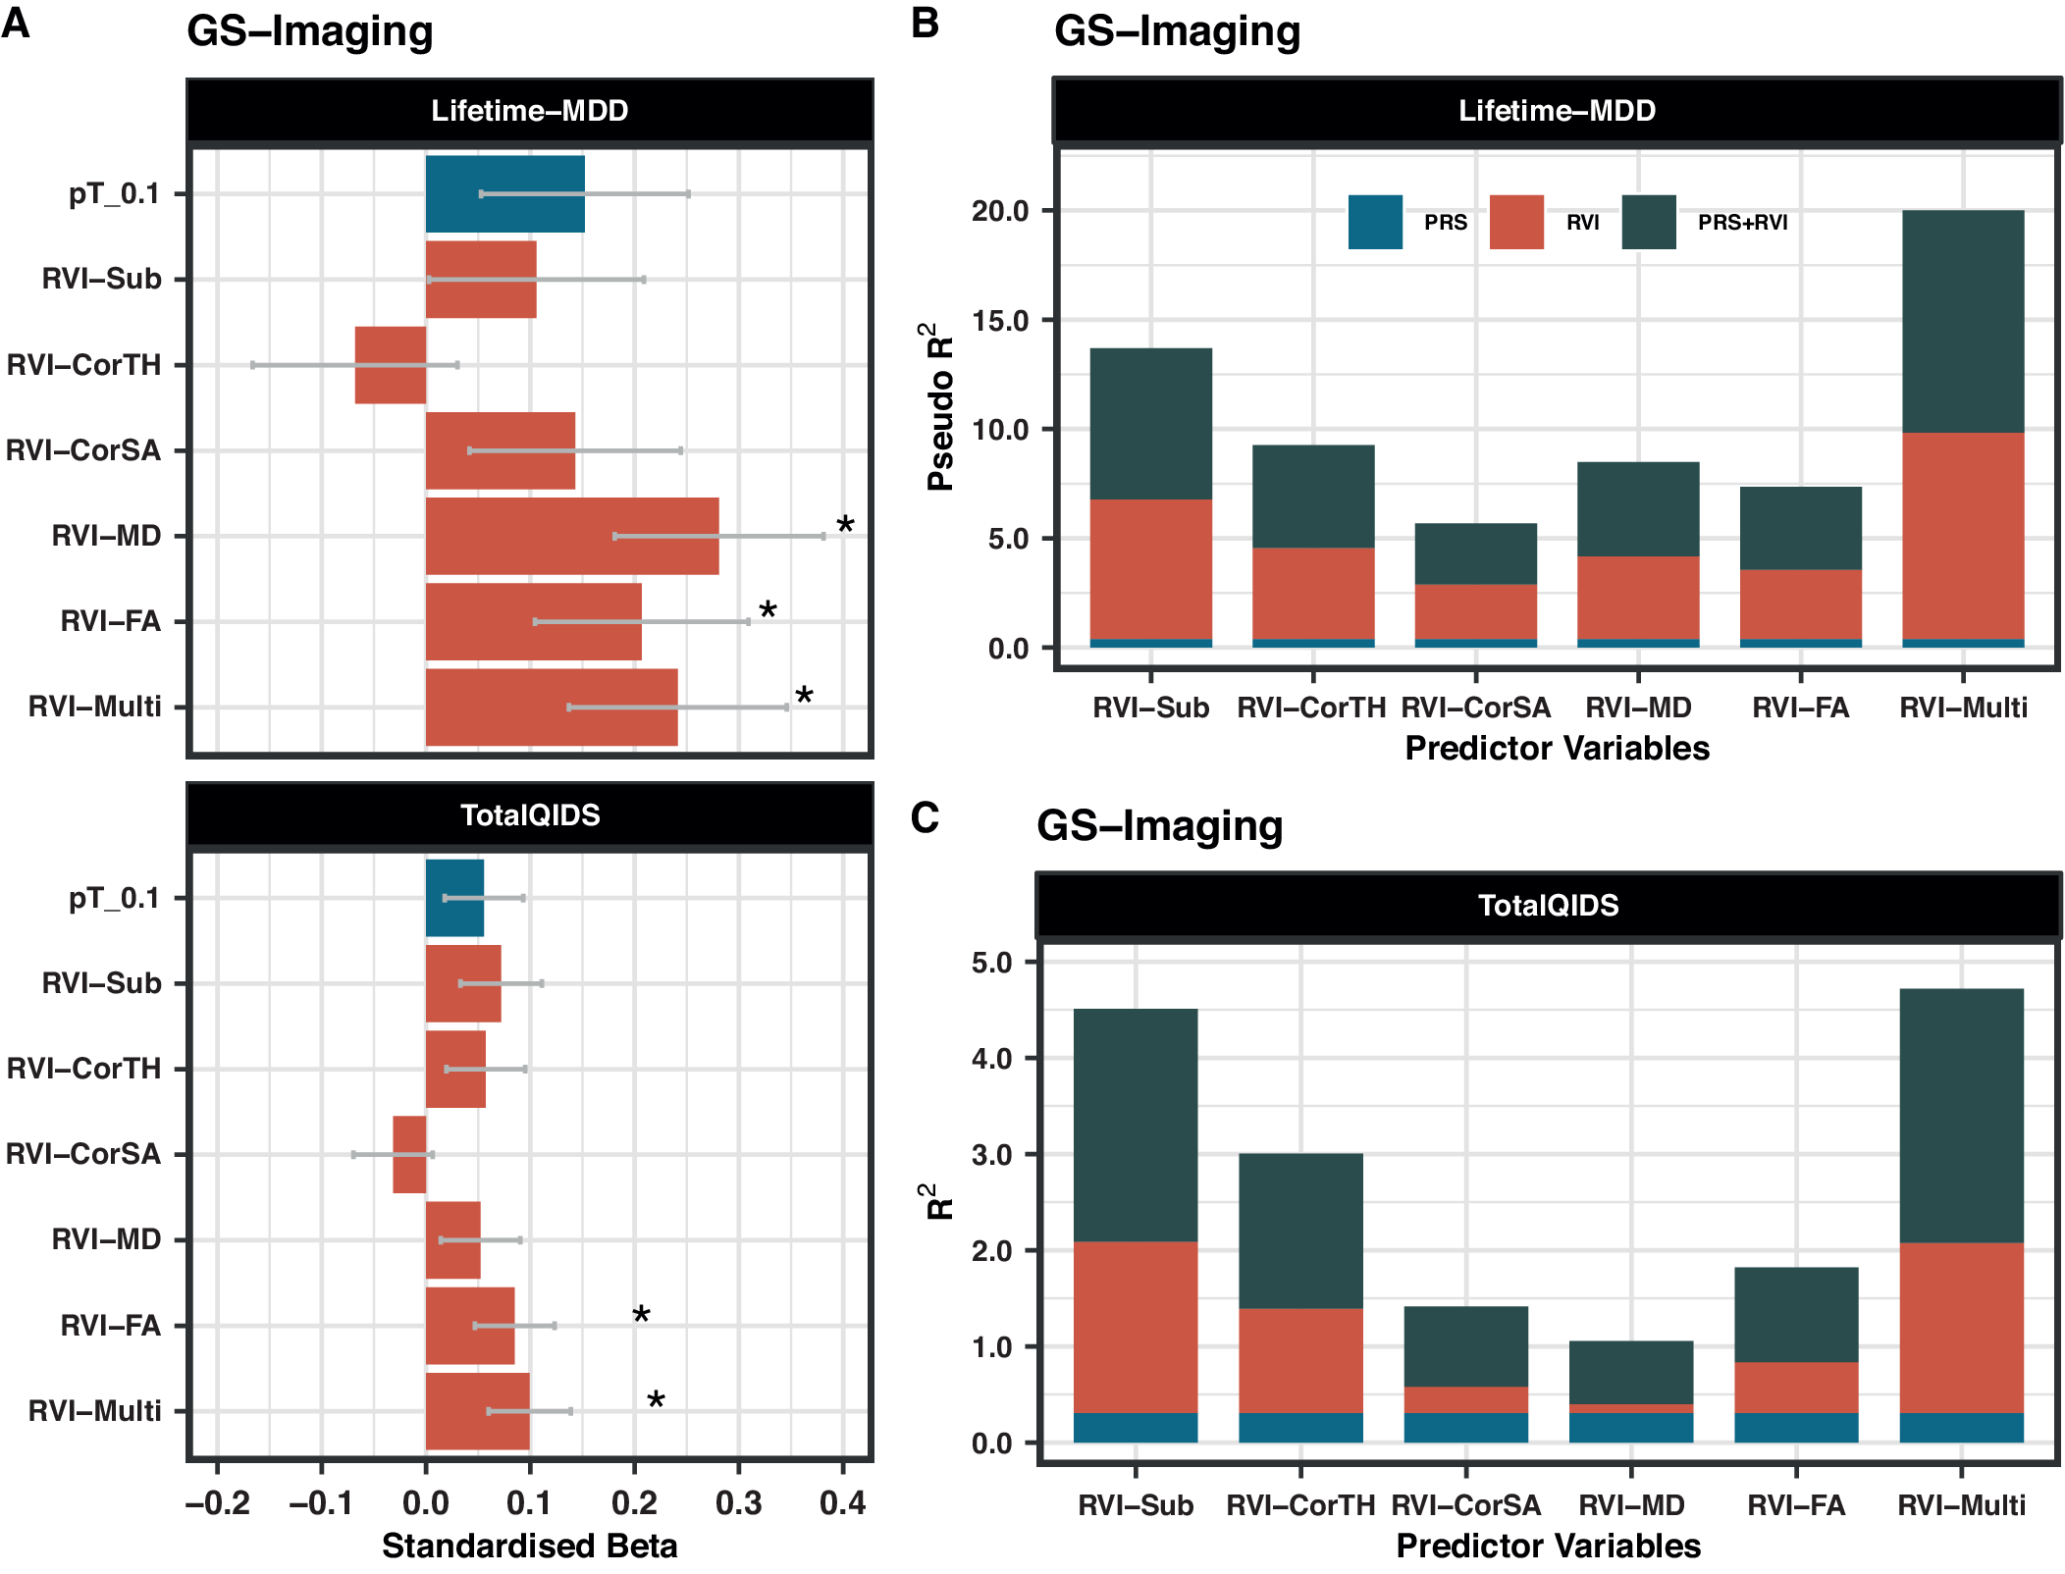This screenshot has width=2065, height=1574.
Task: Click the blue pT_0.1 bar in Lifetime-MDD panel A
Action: [504, 193]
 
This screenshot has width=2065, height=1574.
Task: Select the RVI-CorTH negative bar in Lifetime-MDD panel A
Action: [390, 365]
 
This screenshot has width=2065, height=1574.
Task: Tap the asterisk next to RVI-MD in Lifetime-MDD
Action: [845, 525]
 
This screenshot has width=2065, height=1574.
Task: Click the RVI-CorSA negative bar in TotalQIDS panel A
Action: [408, 1154]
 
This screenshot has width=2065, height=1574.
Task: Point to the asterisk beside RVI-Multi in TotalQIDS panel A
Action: [656, 1401]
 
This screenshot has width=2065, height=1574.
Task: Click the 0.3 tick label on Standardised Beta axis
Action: [738, 1502]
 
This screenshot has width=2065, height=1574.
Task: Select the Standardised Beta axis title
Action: [529, 1547]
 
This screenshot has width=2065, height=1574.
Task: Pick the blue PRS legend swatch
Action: [1374, 222]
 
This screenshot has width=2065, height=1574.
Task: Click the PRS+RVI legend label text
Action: [1742, 223]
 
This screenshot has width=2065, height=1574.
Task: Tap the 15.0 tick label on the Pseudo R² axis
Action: [1000, 321]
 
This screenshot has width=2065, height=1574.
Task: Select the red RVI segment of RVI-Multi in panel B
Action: [1962, 536]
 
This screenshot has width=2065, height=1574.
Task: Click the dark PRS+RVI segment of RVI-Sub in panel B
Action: [1150, 424]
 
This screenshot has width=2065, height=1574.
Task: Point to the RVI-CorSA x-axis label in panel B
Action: [1475, 708]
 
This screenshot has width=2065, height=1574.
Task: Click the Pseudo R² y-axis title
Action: [939, 406]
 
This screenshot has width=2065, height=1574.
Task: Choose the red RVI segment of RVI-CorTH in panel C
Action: [1300, 1360]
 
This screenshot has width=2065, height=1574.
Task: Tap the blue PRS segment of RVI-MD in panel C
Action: [1630, 1428]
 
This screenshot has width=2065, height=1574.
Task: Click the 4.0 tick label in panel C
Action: [991, 1059]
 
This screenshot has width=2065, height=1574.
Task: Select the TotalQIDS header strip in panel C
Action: [1548, 905]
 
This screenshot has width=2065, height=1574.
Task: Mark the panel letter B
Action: [925, 23]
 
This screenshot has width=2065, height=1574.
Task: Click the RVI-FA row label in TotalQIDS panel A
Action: [110, 1326]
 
